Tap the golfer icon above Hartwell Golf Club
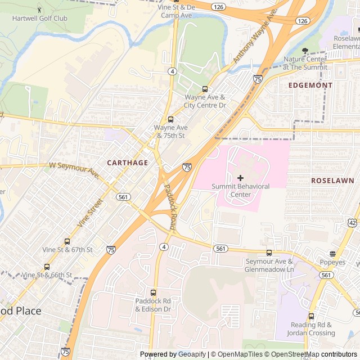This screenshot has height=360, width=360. [x=39, y=10]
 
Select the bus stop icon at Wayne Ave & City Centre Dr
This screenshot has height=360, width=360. [x=205, y=89]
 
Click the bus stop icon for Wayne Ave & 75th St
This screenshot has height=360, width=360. [x=170, y=119]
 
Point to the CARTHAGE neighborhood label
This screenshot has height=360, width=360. [x=128, y=163]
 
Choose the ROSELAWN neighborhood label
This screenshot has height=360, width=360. [x=332, y=181]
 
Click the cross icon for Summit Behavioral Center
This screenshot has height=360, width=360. [x=240, y=178]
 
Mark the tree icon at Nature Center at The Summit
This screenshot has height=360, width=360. [x=305, y=51]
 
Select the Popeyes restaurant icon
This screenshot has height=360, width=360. [x=332, y=254]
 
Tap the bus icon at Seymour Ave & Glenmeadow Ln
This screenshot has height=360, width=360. [x=269, y=253]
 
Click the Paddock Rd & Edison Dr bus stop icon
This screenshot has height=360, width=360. [x=153, y=292]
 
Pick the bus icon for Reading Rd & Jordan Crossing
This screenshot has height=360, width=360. [x=311, y=317]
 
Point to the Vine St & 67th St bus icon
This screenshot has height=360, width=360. [x=67, y=241]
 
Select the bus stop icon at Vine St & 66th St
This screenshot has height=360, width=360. [x=47, y=267]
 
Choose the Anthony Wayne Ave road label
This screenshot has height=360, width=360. [x=257, y=40]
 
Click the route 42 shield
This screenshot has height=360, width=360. [x=352, y=223]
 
